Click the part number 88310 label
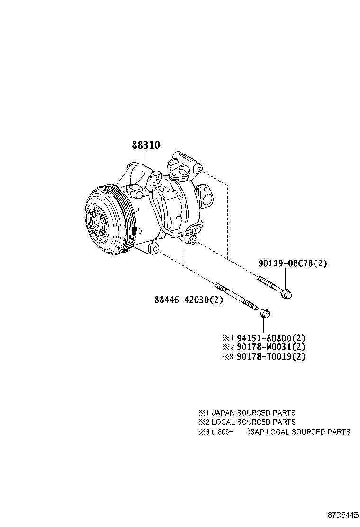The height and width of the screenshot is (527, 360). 145,145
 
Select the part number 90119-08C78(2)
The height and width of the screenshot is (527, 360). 292,263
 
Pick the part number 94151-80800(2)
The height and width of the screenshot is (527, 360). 270,338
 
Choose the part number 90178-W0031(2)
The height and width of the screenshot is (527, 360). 270,347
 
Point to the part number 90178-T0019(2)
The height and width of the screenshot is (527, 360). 270,356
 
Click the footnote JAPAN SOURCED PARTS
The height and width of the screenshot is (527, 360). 253,413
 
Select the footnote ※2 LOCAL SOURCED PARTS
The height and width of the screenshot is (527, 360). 247,422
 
